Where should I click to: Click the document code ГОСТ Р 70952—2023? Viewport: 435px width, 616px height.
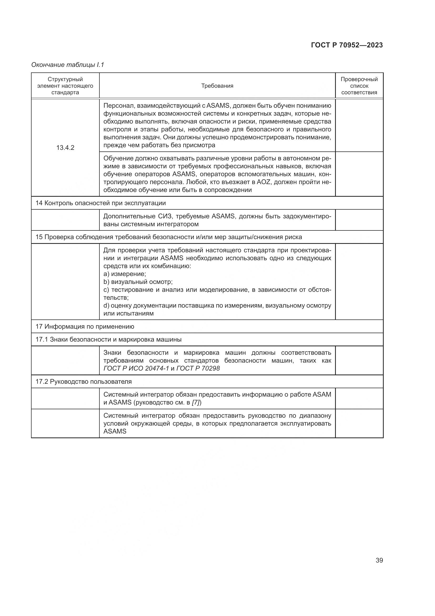click(347, 45)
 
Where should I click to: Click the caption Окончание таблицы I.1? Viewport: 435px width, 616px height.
click(68, 65)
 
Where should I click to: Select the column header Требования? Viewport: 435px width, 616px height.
click(217, 86)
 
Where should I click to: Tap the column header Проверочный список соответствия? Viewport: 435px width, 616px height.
click(359, 86)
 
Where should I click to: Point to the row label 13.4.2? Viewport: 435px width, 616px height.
click(65, 147)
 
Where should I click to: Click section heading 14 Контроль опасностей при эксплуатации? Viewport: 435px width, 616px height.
click(100, 203)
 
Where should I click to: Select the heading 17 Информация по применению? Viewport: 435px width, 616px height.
click(85, 327)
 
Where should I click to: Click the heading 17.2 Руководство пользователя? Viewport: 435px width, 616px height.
click(84, 382)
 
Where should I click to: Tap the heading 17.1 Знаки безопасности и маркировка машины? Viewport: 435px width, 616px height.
click(108, 339)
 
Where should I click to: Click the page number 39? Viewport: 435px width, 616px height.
click(379, 560)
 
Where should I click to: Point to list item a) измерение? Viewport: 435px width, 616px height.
click(125, 274)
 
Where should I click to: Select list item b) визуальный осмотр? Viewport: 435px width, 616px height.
click(138, 282)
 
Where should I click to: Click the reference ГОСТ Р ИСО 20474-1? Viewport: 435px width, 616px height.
click(136, 368)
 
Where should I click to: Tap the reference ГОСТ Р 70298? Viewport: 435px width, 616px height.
click(198, 368)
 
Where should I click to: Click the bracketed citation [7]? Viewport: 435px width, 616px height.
click(197, 402)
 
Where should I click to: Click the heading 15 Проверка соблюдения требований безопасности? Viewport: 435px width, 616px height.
click(169, 237)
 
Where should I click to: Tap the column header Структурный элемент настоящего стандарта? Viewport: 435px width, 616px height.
click(65, 86)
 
